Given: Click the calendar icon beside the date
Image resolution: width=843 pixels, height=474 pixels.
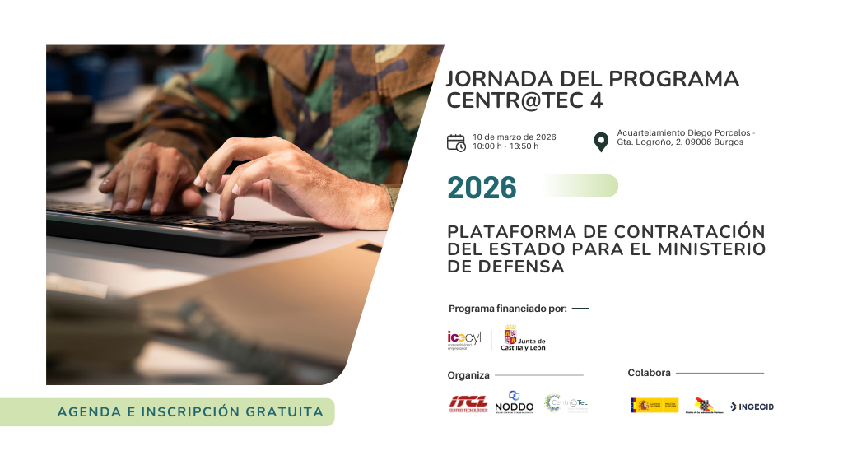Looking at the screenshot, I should (x=456, y=142).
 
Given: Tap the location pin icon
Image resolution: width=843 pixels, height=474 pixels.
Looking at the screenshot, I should (x=601, y=142).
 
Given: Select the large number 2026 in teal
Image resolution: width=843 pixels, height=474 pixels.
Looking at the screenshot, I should (x=482, y=188).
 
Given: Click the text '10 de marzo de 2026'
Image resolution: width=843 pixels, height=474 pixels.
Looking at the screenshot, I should (x=515, y=137).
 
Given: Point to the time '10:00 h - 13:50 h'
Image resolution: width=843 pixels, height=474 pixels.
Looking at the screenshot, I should (x=505, y=146).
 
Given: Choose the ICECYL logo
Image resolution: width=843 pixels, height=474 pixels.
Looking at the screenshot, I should (x=463, y=338).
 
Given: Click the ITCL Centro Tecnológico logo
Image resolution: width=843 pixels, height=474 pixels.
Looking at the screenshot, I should (x=468, y=403).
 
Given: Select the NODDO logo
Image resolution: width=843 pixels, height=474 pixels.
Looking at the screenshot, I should (x=515, y=402).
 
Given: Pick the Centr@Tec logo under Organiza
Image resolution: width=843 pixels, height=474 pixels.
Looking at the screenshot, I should (x=566, y=403).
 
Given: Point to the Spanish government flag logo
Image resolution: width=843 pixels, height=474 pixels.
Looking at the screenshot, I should (x=654, y=405).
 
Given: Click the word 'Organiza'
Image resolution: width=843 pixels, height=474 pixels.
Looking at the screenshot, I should (x=468, y=375).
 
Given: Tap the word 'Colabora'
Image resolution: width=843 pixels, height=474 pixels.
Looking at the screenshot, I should (x=649, y=373).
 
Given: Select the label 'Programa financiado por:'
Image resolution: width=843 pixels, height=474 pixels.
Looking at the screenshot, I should (x=508, y=309).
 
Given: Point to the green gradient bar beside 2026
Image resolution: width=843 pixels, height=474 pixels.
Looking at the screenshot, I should (x=577, y=186).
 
